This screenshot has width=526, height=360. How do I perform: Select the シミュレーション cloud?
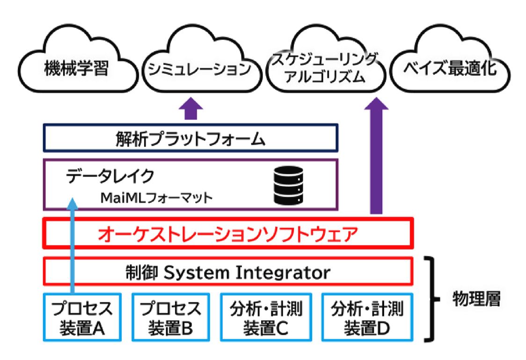(x=201, y=70)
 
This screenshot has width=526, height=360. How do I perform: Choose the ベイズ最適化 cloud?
(x=450, y=70)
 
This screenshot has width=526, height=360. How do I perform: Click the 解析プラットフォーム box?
(x=190, y=139)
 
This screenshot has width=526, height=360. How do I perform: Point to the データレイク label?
(x=110, y=176)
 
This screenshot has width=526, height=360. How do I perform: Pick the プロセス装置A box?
(x=82, y=318)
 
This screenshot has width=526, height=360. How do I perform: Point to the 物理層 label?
(x=476, y=300)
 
